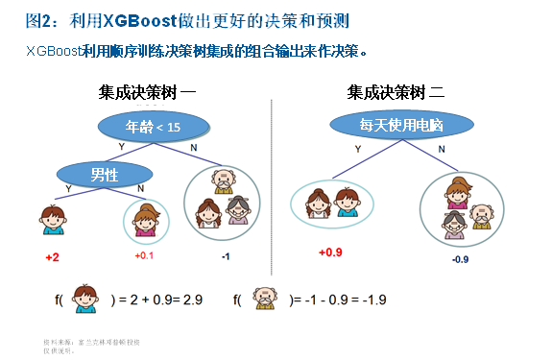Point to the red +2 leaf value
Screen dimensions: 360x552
pyautogui.click(x=52, y=258)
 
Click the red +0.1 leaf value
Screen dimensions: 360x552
pyautogui.click(x=145, y=255)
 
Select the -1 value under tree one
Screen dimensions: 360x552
pyautogui.click(x=226, y=255)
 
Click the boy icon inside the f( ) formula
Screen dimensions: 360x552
pyautogui.click(x=85, y=300)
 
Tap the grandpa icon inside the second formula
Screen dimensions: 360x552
pyautogui.click(x=263, y=300)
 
